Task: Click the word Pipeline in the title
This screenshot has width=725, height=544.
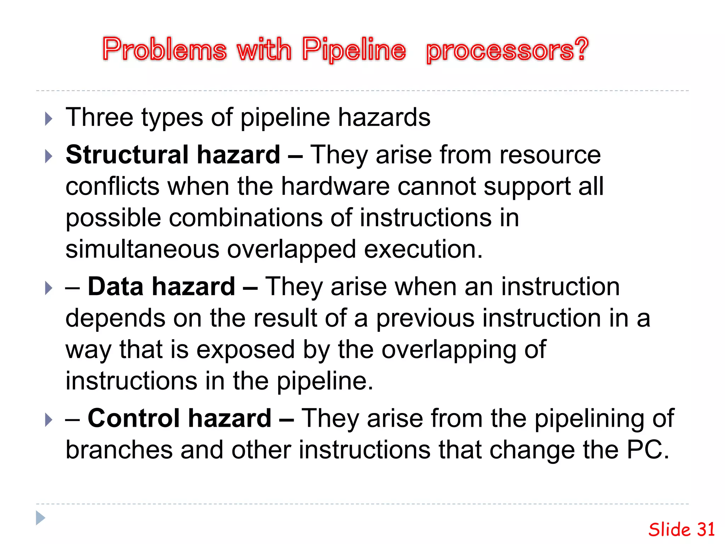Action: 354,50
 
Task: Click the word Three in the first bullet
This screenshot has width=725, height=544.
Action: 100,117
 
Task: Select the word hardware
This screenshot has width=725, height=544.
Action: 335,186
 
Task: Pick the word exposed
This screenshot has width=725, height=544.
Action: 245,350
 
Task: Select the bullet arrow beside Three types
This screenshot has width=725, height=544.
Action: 49,119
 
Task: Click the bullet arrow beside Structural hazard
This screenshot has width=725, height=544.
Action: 49,156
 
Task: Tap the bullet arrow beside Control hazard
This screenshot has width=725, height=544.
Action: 49,420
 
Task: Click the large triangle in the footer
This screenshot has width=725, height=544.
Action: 40,518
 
